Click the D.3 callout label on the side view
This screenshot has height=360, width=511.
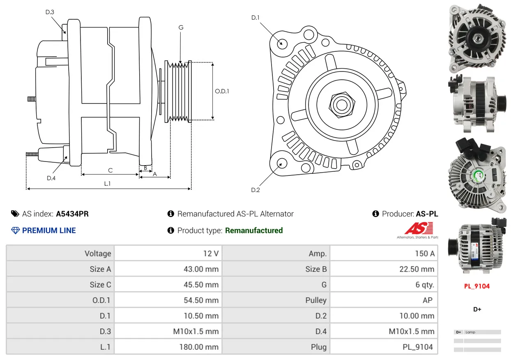(x=50, y=12)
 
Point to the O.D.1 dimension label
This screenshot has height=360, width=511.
(x=222, y=91)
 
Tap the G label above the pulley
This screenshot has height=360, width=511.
(x=181, y=28)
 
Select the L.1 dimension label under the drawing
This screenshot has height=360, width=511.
(x=107, y=184)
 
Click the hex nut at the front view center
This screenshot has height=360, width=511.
(x=342, y=105)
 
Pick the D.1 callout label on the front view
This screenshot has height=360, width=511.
(x=255, y=18)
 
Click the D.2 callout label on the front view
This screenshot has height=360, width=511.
(x=255, y=190)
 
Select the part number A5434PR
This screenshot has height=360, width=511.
(x=72, y=214)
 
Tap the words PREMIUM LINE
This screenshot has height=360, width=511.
(x=49, y=231)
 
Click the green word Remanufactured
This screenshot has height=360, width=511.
(x=254, y=231)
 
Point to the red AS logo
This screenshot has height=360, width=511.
(x=419, y=228)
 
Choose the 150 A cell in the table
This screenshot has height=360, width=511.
(x=384, y=254)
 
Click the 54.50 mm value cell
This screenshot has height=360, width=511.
(x=168, y=300)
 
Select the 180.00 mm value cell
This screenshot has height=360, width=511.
(x=168, y=347)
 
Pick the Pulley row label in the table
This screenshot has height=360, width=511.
(x=316, y=300)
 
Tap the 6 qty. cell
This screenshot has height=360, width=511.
(x=384, y=285)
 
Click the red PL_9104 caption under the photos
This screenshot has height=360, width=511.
(x=477, y=286)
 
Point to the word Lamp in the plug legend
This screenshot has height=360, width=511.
(x=470, y=332)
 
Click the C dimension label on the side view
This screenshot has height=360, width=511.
(x=110, y=170)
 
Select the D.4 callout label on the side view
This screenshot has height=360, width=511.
(x=51, y=178)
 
